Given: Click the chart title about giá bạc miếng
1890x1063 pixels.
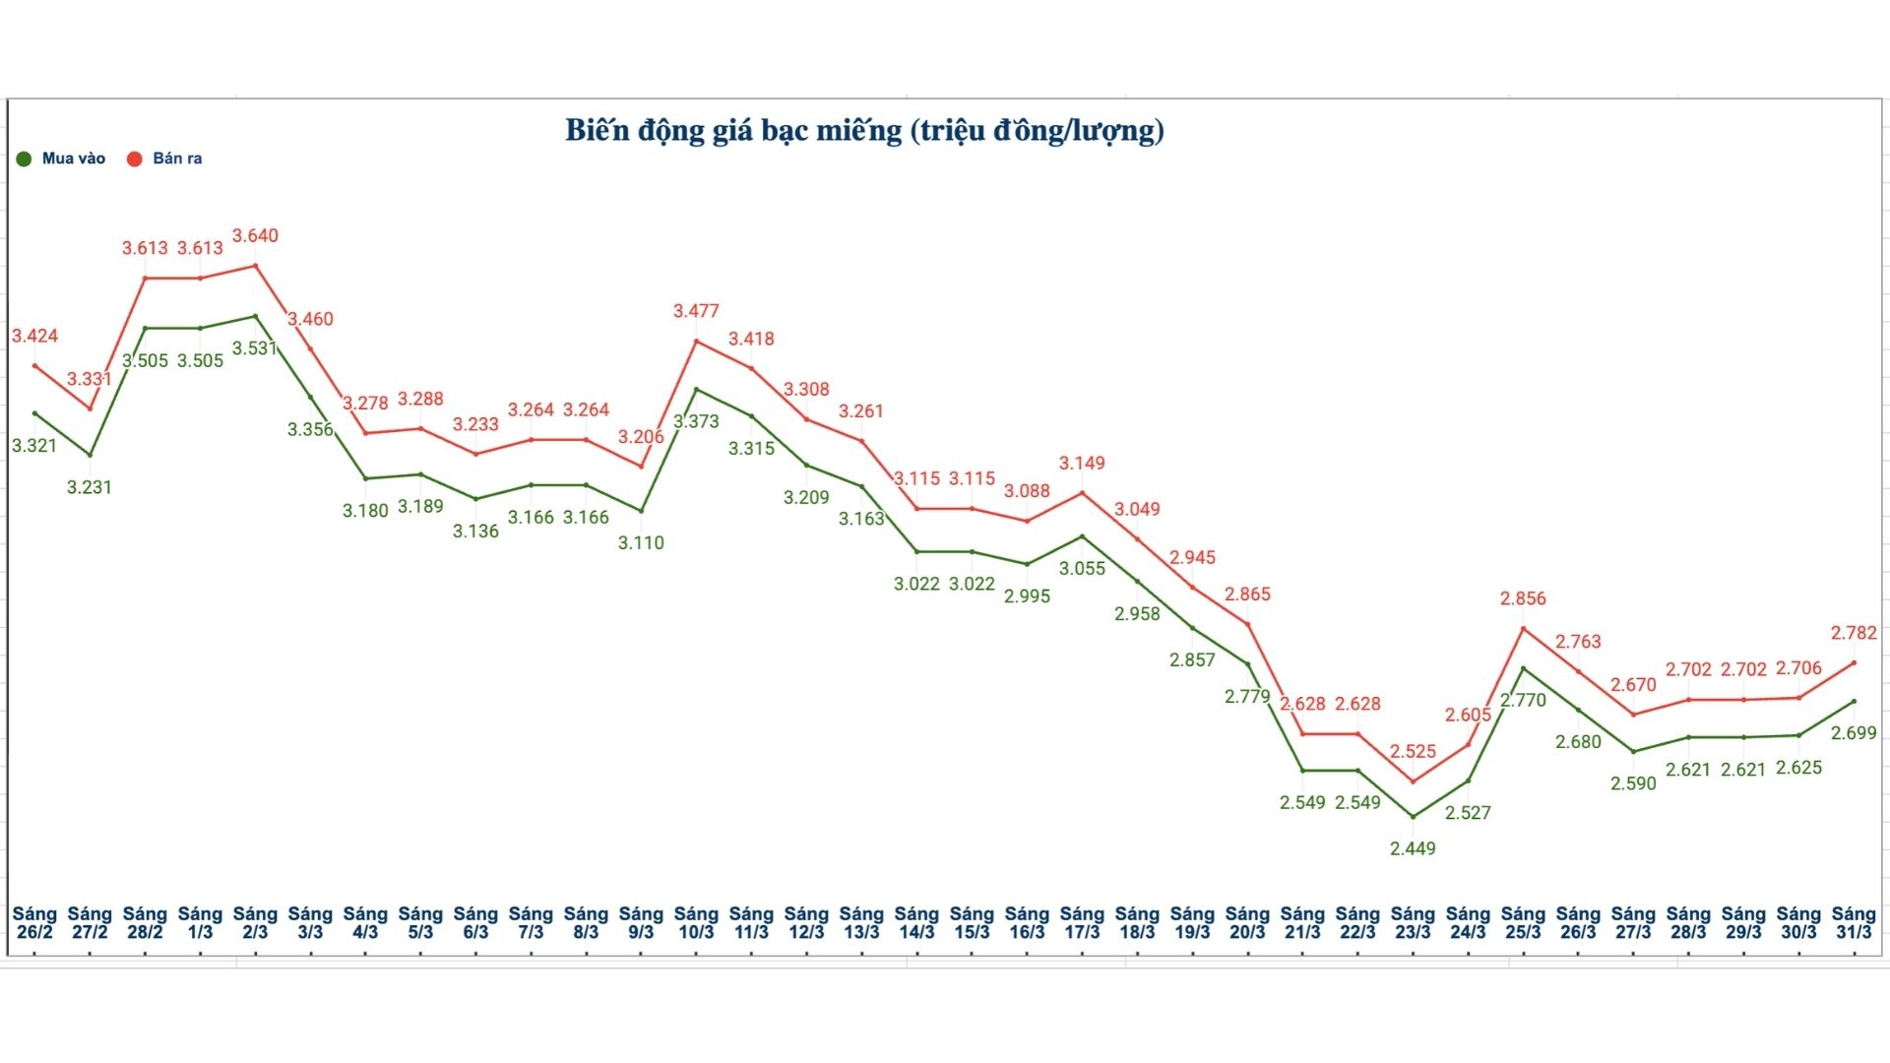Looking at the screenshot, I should coord(864,131).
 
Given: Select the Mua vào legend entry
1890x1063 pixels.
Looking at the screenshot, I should coord(61,158).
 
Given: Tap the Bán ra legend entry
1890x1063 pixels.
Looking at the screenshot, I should coord(164,158).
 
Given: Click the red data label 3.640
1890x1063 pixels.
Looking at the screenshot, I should coord(255,236).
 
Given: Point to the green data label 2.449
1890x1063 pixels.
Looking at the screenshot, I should coord(1413,848).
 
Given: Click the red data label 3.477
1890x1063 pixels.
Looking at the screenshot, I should coord(696,311).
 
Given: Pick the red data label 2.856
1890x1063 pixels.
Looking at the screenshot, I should coord(1523,598).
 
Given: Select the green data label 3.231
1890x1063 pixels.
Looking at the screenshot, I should coord(90,487).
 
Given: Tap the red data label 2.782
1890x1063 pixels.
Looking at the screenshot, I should coord(1854,633).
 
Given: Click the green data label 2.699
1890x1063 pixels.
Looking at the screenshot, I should coord(1854,733).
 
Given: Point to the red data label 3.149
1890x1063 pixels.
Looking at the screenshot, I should coord(1082,464).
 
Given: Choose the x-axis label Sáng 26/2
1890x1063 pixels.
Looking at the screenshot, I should coord(34,923).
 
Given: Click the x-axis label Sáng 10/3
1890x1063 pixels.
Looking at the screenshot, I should coord(696,923).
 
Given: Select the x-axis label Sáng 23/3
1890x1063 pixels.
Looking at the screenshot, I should coord(1413,923).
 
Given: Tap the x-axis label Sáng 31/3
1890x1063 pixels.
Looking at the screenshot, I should coord(1854,923).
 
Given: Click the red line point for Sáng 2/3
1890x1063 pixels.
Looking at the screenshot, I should coord(256,266).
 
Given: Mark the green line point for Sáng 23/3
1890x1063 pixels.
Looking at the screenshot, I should coord(1414,817).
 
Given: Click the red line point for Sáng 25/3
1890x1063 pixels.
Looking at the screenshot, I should coord(1524,628).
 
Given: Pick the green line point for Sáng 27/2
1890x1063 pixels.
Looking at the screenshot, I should coord(91,456).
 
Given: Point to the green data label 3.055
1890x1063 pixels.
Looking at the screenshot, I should coord(1082,569).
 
